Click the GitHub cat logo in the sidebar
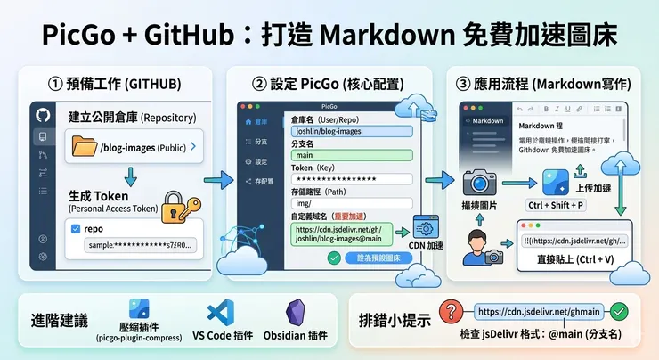[x=41, y=116]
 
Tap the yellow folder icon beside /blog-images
[x=85, y=146]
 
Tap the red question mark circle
[x=452, y=313]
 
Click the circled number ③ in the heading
[x=466, y=85]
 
